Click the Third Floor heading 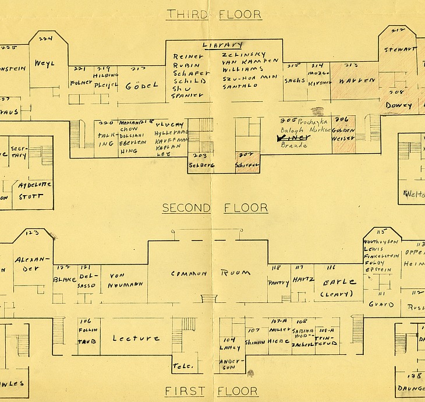214,14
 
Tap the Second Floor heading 215,208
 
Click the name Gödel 141,86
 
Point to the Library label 222,45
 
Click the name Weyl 44,63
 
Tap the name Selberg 201,165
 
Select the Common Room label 211,273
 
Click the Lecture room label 136,338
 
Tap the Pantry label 278,283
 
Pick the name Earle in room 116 339,282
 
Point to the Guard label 381,304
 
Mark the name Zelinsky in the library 244,54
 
